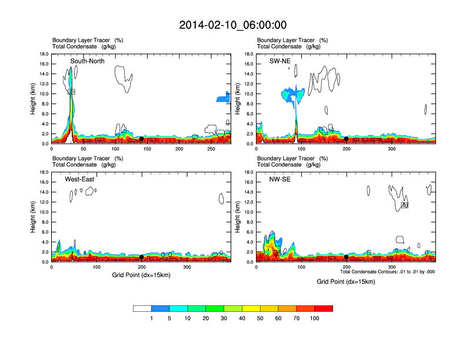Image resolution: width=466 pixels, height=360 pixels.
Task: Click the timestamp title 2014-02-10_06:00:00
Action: [x=233, y=25]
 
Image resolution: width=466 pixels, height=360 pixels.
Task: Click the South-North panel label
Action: [x=88, y=61]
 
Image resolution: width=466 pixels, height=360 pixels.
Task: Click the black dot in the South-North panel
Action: [x=142, y=139]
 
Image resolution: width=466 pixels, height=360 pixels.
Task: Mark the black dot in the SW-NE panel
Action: [x=346, y=139]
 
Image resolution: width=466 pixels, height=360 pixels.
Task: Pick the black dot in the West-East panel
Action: [x=142, y=257]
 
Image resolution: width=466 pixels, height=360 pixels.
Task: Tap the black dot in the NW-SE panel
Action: [x=346, y=257]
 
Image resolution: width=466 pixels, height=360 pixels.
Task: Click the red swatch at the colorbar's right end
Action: [x=324, y=308]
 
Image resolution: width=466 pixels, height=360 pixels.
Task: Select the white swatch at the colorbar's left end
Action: [x=142, y=308]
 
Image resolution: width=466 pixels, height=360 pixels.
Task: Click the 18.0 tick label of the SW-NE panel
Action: [x=248, y=54]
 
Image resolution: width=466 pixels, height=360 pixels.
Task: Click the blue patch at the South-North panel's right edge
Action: [x=222, y=98]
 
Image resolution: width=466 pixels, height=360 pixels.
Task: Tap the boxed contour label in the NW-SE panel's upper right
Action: [x=405, y=205]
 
